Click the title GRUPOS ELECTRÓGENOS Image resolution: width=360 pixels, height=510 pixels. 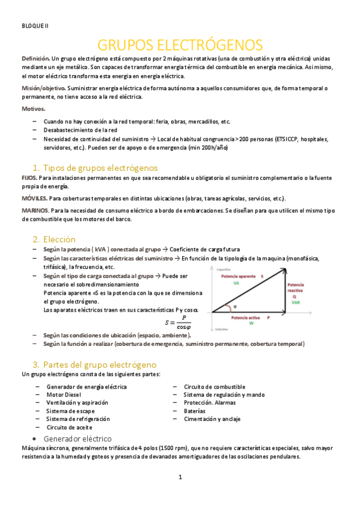click(180, 45)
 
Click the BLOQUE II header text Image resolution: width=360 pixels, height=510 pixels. click(34, 25)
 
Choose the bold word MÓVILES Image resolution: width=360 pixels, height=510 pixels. click(34, 198)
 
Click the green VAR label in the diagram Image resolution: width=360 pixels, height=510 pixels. click(296, 303)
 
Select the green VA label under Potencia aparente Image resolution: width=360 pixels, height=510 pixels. click(236, 283)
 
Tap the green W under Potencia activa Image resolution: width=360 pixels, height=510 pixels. click(251, 323)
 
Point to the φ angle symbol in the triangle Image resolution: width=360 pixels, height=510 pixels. click(235, 306)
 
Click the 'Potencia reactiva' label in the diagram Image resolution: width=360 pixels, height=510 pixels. click(296, 287)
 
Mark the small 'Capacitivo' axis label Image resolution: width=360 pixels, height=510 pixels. click(224, 269)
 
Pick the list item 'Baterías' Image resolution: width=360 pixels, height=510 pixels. click(196, 411)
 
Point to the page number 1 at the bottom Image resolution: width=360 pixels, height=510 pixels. click(180, 477)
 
